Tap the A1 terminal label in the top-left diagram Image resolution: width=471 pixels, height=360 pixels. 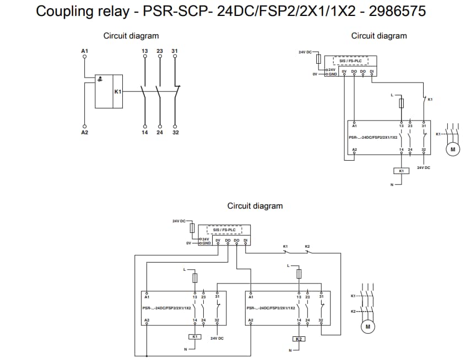pos(84,51)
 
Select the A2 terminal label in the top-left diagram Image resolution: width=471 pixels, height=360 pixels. pos(84,132)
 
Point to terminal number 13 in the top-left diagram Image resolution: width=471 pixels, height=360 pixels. pos(144,51)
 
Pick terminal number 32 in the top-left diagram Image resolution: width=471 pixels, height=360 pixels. pos(175,132)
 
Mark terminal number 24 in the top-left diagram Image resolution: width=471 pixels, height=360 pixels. pos(160,132)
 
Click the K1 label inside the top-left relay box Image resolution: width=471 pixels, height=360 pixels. pos(117,91)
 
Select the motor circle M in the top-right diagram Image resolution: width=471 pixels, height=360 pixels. pos(452,149)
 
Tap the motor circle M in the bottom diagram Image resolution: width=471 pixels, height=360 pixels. pos(367,327)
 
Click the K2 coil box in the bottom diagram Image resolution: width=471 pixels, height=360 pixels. pos(299,339)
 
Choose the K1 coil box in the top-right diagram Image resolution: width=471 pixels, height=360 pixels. pos(402,171)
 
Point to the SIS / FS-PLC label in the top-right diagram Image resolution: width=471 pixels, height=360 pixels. pos(350,61)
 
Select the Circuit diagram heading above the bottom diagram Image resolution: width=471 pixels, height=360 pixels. pos(255,206)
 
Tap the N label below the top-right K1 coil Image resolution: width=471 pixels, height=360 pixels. pos(392,184)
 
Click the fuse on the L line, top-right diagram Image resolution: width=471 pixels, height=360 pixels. pos(402,103)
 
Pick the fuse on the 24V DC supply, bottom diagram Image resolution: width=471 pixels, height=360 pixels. pos(192,228)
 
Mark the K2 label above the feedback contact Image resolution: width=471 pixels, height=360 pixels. pos(307,246)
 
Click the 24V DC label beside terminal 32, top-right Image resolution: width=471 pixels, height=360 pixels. pos(423,167)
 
